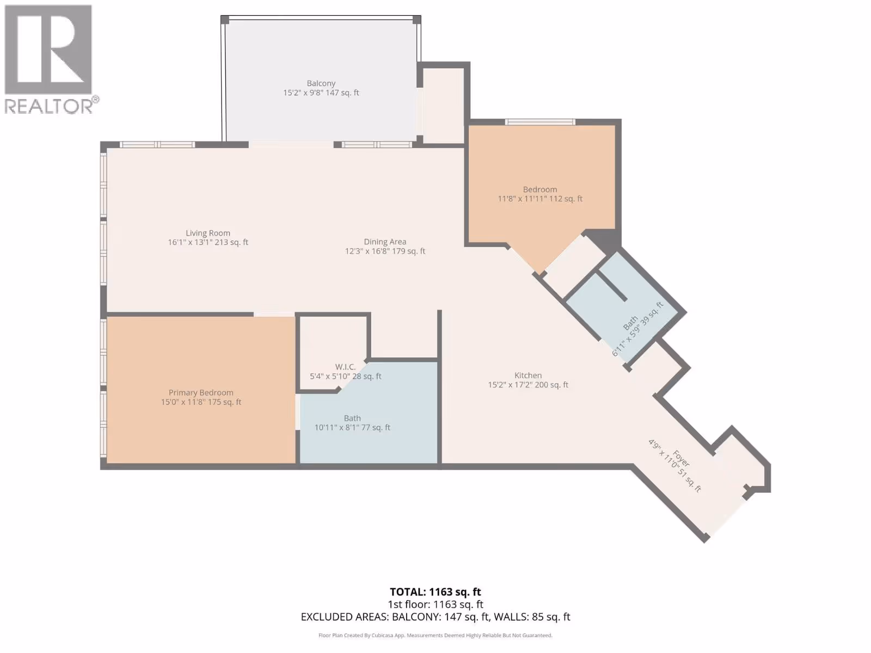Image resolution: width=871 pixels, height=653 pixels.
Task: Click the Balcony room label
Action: click(321, 83)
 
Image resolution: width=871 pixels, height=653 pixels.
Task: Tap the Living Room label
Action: click(208, 233)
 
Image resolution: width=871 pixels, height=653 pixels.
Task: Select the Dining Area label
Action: click(385, 242)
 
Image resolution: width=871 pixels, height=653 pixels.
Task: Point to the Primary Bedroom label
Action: click(201, 392)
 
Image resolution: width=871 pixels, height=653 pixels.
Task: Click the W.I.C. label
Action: click(345, 367)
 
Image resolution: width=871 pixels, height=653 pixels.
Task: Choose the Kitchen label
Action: click(527, 375)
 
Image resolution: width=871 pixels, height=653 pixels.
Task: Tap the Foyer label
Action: click(682, 459)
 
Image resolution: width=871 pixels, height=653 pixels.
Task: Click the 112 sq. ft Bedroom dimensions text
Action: click(540, 199)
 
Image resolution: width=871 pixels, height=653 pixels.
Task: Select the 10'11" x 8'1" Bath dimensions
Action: click(352, 427)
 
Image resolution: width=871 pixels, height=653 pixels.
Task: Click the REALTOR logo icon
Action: click(48, 50)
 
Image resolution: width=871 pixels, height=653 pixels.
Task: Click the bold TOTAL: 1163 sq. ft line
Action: click(436, 592)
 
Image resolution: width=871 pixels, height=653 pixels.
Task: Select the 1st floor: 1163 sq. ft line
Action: click(436, 605)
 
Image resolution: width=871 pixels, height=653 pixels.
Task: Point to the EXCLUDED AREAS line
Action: click(436, 617)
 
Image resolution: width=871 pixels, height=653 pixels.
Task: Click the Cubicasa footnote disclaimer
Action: click(436, 636)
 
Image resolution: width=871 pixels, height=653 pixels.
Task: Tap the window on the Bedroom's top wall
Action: click(540, 122)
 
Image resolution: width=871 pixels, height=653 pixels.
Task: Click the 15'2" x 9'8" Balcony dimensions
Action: click(321, 93)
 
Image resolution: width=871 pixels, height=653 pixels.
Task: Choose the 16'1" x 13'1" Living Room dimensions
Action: click(208, 242)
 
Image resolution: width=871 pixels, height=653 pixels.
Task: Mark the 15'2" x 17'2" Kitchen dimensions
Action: click(527, 385)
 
